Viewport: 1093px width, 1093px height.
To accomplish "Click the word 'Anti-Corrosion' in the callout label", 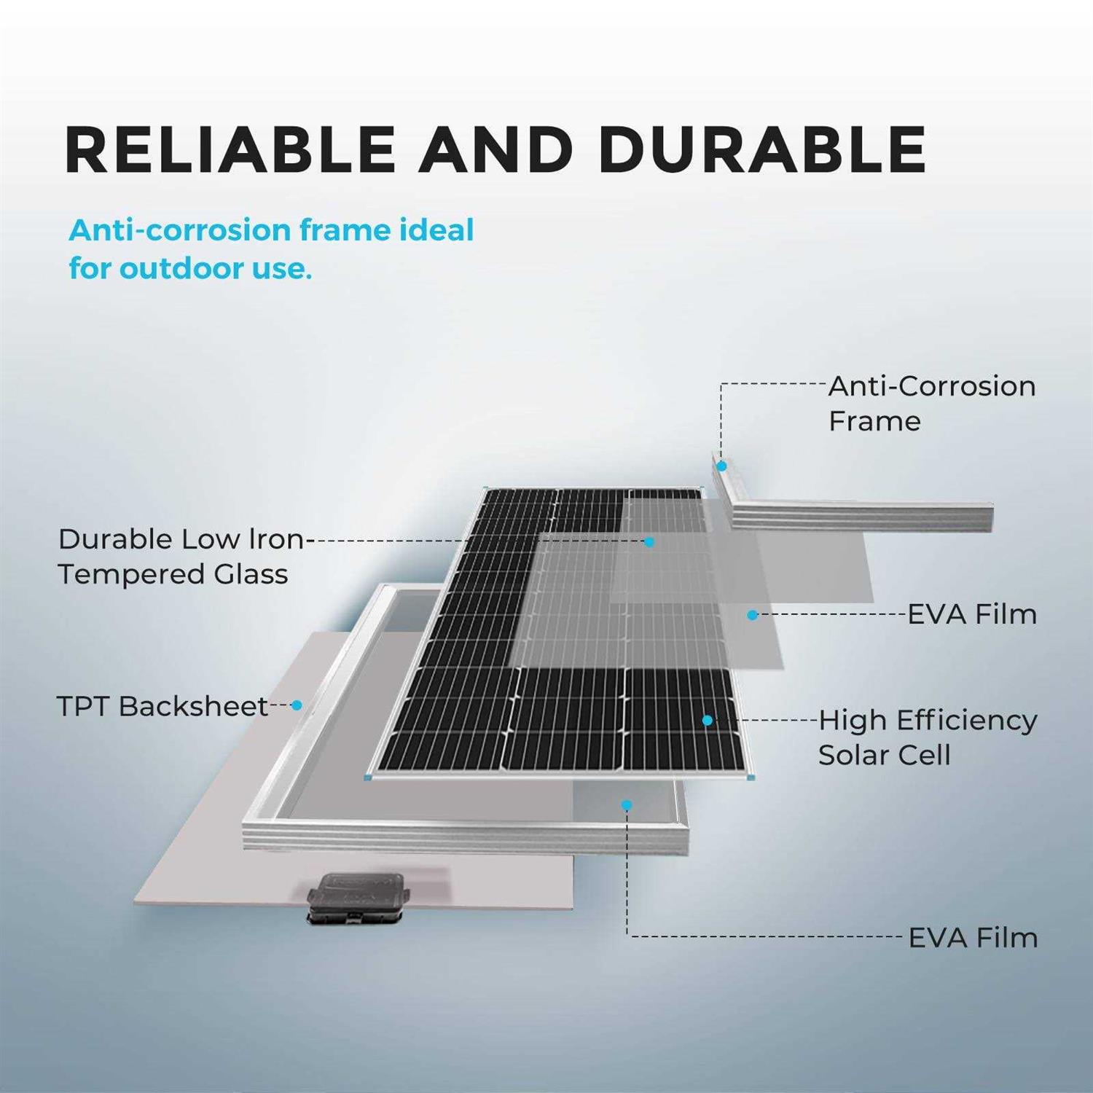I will (931, 386).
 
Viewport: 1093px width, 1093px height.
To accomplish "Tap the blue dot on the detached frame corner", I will (721, 466).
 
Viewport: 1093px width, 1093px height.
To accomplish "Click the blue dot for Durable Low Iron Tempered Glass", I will (649, 542).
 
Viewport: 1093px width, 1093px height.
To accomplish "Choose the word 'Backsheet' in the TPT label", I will (194, 706).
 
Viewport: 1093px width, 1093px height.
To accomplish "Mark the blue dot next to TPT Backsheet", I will (297, 705).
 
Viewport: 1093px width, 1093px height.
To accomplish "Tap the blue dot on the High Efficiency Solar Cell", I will (707, 720).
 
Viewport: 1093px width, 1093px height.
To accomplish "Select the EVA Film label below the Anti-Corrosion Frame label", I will (971, 614).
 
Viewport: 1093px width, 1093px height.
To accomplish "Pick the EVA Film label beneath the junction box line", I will (972, 938).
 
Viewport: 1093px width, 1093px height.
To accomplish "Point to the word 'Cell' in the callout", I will (923, 755).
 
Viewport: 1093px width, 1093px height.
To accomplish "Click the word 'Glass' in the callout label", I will (251, 574).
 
